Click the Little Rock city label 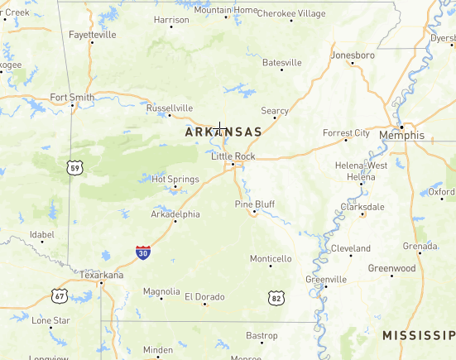233,156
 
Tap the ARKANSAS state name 223,132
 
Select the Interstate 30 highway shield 143,252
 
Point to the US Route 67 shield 59,295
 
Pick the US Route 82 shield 276,296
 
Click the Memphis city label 401,135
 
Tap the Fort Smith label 73,97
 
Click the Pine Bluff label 255,204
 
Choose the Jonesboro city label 353,55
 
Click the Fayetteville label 92,35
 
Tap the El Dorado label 204,296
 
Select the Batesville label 281,62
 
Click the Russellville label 169,108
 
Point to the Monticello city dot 271,266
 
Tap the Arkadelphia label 175,214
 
